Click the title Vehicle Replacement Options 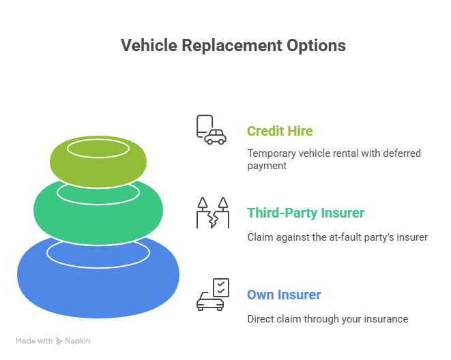[233, 46]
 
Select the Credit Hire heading [280, 131]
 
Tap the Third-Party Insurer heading [306, 213]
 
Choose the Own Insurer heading [284, 295]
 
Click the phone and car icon [212, 130]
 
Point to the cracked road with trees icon [213, 213]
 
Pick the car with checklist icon [213, 295]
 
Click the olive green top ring [98, 172]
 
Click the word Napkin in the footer [77, 341]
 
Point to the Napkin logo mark [59, 341]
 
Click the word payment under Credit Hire [267, 166]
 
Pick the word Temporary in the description [272, 153]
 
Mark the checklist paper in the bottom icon [221, 287]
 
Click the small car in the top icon [216, 137]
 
